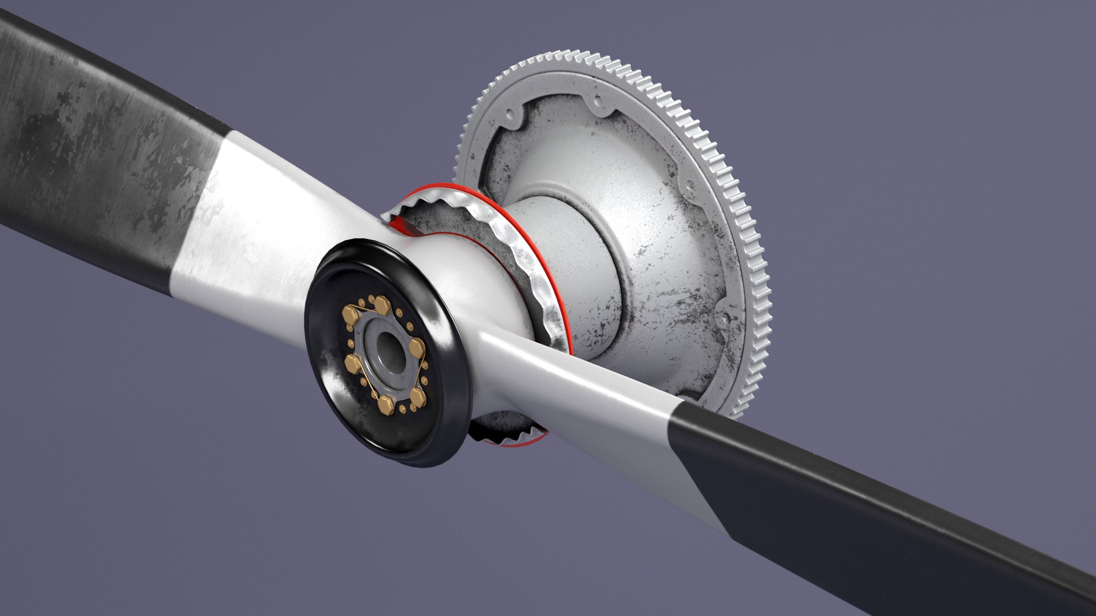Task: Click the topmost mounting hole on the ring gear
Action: click(x=598, y=103)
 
